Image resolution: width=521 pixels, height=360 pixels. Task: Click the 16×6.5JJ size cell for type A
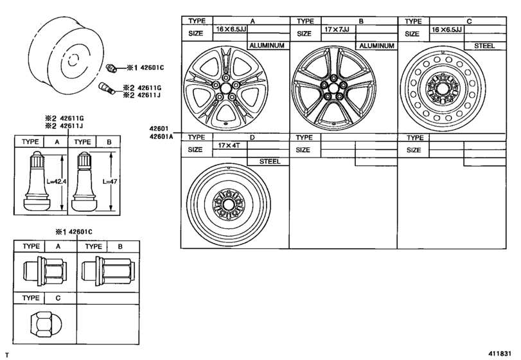coord(229,30)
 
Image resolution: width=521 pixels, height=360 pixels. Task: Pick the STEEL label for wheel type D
coord(269,161)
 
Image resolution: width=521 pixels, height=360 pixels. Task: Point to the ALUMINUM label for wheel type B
coord(376,46)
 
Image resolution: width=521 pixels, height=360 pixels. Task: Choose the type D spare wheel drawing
coord(227,204)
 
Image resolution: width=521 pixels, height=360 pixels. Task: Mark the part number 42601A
coord(163,136)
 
